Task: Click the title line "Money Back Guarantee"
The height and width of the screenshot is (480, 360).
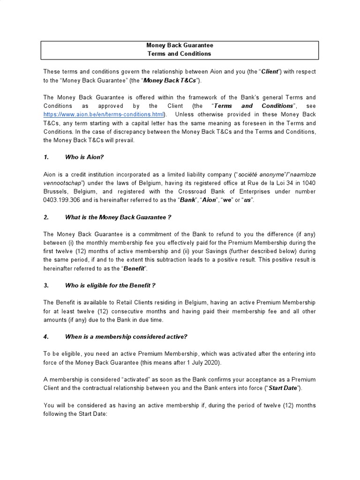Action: tap(180, 45)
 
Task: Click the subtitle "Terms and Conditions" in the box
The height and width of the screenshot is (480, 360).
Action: tap(180, 53)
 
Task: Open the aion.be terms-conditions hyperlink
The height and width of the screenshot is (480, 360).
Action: tap(104, 114)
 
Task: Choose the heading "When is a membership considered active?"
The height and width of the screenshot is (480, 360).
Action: tap(126, 336)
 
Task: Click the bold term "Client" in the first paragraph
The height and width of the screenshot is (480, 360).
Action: tap(270, 72)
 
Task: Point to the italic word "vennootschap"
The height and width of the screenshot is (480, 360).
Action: tap(63, 183)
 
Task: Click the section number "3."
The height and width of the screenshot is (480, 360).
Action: tap(46, 285)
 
